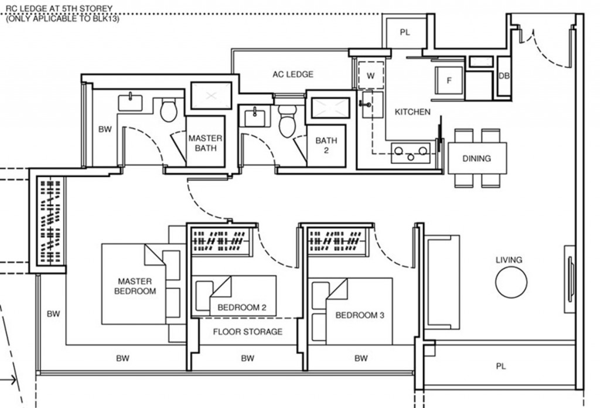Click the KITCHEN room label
(x=412, y=112)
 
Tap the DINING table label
(x=477, y=158)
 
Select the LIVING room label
(x=508, y=260)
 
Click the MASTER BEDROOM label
(x=135, y=286)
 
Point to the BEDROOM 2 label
(x=242, y=307)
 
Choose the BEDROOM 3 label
(x=360, y=315)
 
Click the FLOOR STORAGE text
(x=247, y=332)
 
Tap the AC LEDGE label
(x=292, y=74)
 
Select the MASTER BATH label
(x=205, y=143)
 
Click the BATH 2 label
(x=326, y=145)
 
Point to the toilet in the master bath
(x=169, y=110)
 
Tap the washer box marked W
(x=370, y=76)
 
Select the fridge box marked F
(x=449, y=81)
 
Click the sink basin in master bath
(x=131, y=103)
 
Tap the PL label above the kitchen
(x=404, y=32)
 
